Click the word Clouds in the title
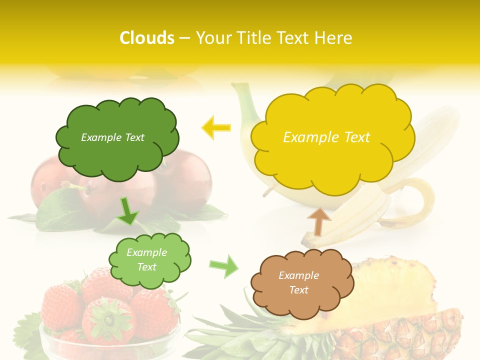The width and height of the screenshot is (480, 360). coord(147,38)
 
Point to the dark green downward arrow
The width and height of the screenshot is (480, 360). coord(128,212)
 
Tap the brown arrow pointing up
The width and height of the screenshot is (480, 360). coord(318,221)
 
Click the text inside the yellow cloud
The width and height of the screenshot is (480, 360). coord(326,137)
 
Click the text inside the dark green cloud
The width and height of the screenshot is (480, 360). coord(112,137)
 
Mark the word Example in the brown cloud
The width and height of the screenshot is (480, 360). coord(298,275)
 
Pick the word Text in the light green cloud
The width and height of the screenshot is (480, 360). coord(146,267)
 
